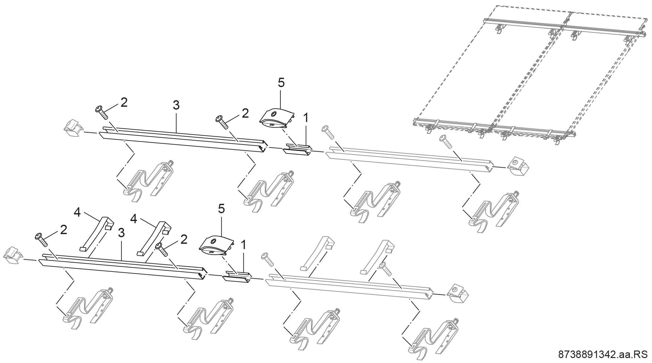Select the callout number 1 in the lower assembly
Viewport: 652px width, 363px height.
click(x=243, y=245)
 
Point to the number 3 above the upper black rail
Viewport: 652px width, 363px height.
click(x=176, y=105)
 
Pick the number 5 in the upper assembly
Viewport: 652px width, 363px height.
click(x=281, y=83)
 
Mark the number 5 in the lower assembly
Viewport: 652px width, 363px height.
click(x=221, y=209)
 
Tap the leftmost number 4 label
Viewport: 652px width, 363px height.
click(x=77, y=212)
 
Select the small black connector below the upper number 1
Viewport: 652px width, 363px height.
click(x=297, y=150)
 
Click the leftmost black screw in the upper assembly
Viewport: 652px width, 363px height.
click(x=102, y=112)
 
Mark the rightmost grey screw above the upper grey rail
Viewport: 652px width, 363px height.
click(x=446, y=142)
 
